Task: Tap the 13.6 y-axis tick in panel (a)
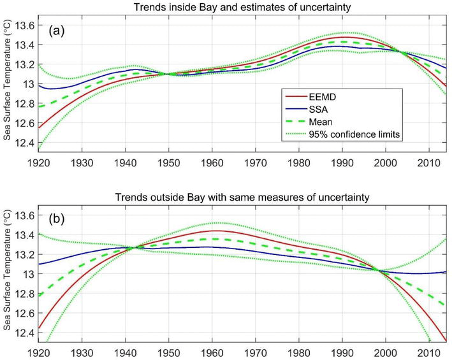(x=24, y=25)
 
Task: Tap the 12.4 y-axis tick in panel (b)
(x=24, y=332)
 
